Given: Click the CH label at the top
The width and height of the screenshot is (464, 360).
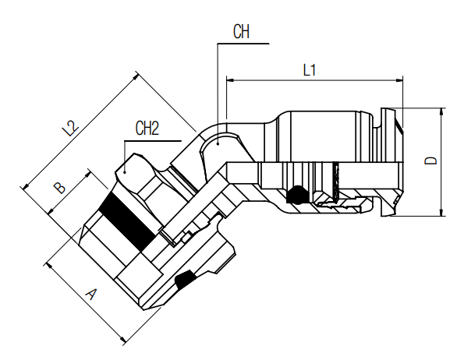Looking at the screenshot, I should click(242, 32).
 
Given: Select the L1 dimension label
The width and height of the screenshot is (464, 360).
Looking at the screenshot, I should click(310, 69).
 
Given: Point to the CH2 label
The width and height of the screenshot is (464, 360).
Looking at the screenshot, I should click(147, 128).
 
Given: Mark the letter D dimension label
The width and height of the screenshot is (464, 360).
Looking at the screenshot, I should click(430, 161).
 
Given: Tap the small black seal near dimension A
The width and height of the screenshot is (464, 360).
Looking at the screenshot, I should click(185, 280).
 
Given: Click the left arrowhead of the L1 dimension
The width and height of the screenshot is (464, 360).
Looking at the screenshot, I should click(229, 79).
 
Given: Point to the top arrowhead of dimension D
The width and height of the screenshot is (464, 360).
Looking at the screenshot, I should click(442, 110).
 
